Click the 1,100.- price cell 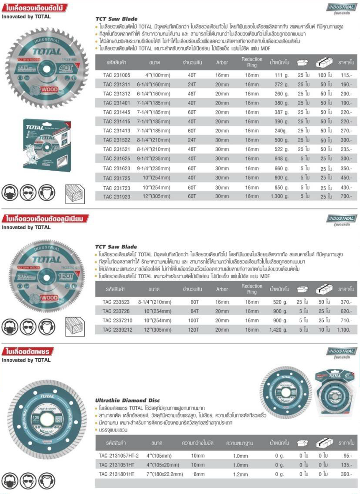tap(345, 330)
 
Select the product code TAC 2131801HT tap(117, 474)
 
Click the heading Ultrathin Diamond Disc tap(127, 400)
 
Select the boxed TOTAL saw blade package tap(47, 142)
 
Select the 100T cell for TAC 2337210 tap(192, 321)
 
